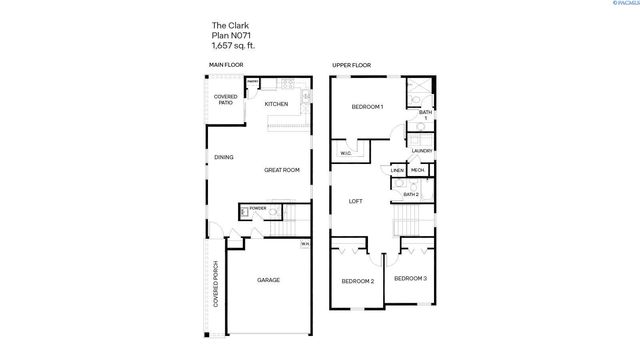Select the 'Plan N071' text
click(x=228, y=36)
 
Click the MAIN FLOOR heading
click(x=225, y=66)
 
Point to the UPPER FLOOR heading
click(x=351, y=66)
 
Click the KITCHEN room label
click(x=276, y=104)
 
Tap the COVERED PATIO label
click(x=225, y=101)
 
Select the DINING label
click(x=224, y=157)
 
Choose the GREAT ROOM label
click(x=282, y=170)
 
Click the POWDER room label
click(x=258, y=208)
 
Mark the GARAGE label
click(x=268, y=280)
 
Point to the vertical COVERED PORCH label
click(x=216, y=285)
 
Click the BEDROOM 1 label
click(x=367, y=107)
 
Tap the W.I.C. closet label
click(x=345, y=153)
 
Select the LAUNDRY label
click(x=421, y=151)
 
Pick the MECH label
click(x=417, y=171)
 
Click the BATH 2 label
click(x=410, y=194)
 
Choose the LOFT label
click(x=354, y=201)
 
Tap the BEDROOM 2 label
click(x=358, y=281)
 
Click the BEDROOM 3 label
click(x=410, y=277)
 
